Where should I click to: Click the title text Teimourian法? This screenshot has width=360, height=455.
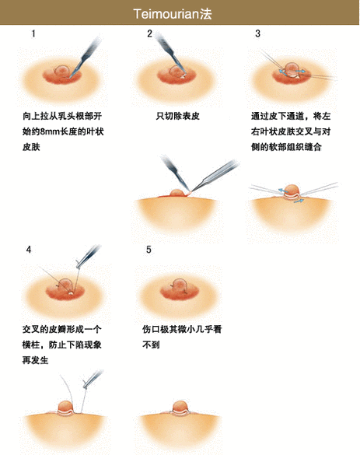[x=179, y=13]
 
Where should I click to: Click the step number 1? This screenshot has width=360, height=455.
[x=33, y=34]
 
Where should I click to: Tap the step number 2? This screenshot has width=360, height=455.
[x=149, y=34]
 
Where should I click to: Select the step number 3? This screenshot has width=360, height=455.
[x=257, y=34]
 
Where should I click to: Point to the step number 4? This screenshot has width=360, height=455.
[x=29, y=250]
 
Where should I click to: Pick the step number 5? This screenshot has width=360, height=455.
[x=149, y=250]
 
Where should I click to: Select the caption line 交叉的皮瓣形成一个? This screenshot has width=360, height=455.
[x=61, y=329]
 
